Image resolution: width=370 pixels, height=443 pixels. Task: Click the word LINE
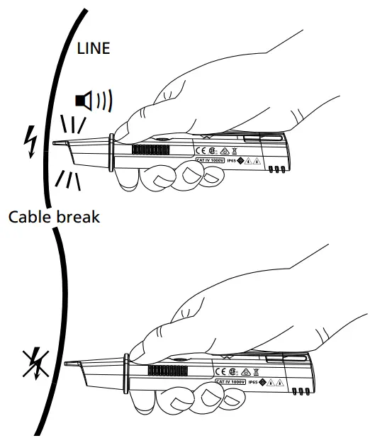pos(94,48)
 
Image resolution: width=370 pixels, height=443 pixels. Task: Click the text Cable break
pos(54,216)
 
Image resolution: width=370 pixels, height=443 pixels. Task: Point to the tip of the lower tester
pos(66,365)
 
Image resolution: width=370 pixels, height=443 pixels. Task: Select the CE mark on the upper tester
pos(200,150)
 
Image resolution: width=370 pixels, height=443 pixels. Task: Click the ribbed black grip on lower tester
pos(164,371)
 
